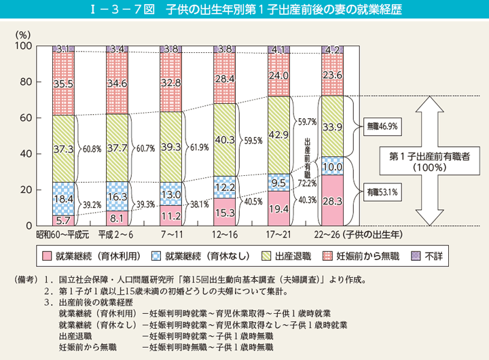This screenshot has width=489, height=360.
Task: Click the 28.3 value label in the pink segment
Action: (x=331, y=200)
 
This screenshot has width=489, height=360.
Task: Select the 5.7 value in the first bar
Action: (x=62, y=220)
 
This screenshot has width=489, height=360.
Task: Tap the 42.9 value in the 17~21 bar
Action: (x=278, y=135)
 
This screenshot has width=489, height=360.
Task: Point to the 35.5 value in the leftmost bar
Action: (x=62, y=84)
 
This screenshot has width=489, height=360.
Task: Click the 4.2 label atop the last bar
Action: (x=331, y=49)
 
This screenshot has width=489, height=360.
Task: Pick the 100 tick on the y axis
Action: (x=23, y=46)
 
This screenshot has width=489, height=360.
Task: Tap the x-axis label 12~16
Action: (x=223, y=236)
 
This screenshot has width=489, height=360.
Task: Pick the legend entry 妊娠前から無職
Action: (x=365, y=256)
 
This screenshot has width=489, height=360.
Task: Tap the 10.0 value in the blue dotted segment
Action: (x=331, y=166)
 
